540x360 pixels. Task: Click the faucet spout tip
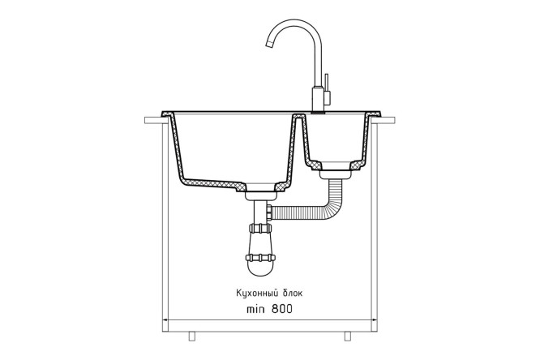point(269,44)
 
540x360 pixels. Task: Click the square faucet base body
point(318,99)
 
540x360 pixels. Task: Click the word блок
point(292,293)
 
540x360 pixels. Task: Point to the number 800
point(282,309)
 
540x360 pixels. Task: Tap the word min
point(255,309)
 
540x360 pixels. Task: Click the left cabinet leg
point(192,336)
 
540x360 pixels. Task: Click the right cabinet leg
point(348,336)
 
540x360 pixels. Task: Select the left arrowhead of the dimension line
point(165,320)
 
